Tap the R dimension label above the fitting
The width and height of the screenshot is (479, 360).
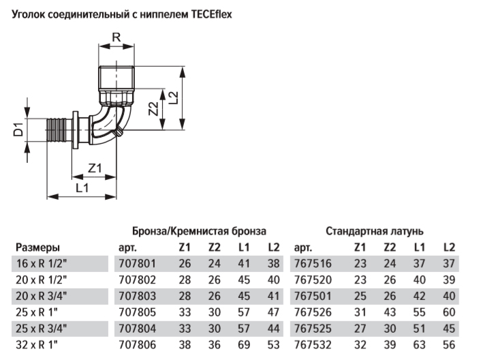115,38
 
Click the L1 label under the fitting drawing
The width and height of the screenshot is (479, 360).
82,187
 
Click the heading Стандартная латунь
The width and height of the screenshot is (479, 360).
375,231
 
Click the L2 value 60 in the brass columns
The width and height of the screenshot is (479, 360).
448,313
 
